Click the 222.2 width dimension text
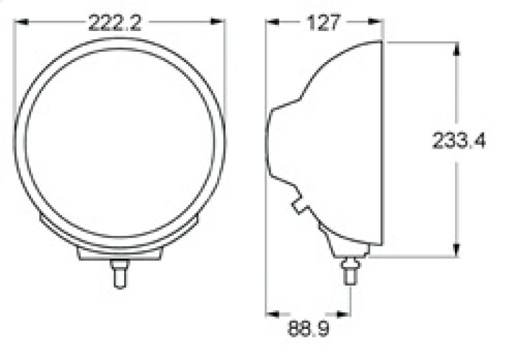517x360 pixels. click(114, 23)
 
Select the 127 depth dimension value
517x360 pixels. click(323, 23)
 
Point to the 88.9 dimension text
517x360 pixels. click(308, 330)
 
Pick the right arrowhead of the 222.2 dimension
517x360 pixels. click(221, 23)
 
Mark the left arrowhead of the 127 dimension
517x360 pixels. click(273, 23)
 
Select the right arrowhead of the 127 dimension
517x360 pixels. click(379, 23)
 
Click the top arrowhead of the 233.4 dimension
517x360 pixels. click(456, 48)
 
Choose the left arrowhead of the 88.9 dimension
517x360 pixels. click(272, 314)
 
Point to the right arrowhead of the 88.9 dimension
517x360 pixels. click(346, 314)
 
